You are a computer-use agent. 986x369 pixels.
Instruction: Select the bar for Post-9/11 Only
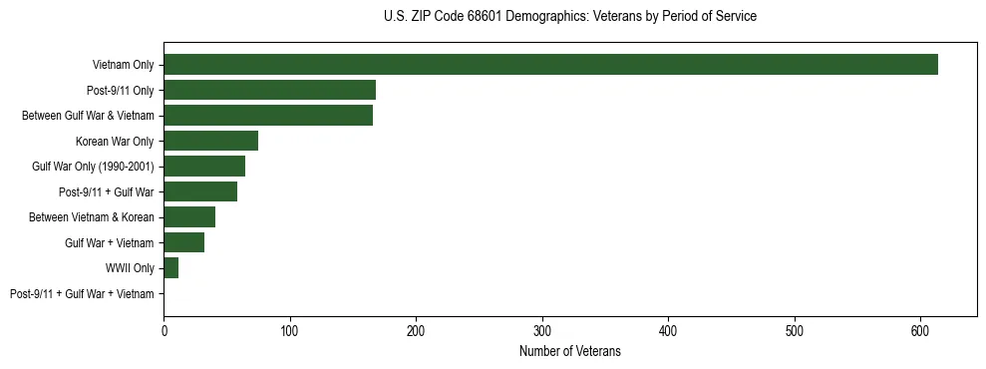click(269, 90)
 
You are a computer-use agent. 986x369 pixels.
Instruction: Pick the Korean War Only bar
click(210, 141)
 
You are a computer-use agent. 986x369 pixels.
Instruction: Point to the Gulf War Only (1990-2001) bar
click(204, 167)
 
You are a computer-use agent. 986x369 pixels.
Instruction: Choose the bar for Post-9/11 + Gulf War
click(200, 191)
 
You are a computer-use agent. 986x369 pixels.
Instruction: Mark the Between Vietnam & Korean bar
click(189, 217)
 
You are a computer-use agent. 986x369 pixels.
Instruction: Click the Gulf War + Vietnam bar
click(183, 242)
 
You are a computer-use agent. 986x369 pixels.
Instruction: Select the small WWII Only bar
click(170, 268)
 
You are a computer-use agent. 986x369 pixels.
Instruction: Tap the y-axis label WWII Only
click(130, 268)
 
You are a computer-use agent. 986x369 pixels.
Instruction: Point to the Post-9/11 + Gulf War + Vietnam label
click(82, 294)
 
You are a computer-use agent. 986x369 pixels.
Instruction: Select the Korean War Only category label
click(115, 141)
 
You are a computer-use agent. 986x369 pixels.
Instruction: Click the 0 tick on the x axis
click(164, 330)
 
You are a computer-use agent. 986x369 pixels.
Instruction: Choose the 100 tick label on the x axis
click(289, 330)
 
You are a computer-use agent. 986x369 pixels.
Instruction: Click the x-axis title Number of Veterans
click(569, 351)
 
